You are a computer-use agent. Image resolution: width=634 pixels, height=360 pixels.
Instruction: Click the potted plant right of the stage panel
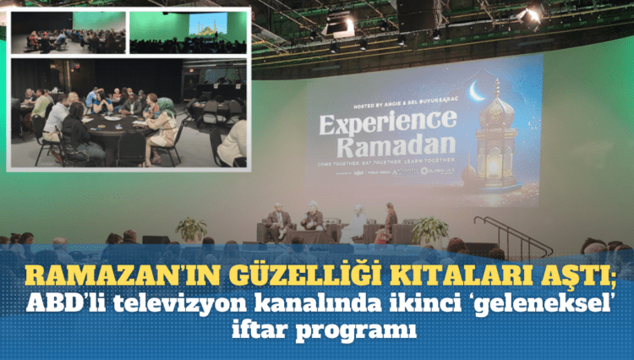[x=429, y=229]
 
